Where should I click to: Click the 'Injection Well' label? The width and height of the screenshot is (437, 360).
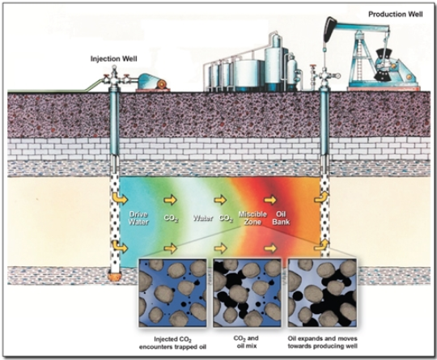114,59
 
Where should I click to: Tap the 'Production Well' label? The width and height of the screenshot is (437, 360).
396,15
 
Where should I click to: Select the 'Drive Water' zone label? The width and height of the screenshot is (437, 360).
138,218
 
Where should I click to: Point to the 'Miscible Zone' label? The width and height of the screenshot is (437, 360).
252,218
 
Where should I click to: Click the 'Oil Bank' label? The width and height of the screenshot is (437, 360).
281,218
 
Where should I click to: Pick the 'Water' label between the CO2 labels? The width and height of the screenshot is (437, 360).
203,218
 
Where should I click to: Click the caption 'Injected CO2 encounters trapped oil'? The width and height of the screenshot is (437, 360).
173,343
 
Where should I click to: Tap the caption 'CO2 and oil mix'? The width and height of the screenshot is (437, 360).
246,342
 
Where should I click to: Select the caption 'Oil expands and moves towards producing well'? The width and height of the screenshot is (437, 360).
322,342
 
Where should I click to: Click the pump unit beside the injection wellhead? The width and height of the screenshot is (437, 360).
153,83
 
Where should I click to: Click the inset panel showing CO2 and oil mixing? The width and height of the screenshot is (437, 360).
247,293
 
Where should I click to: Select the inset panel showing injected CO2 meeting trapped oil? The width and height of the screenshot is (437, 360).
173,293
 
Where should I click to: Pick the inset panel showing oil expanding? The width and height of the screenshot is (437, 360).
322,293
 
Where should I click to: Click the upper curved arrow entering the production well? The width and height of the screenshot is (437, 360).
321,197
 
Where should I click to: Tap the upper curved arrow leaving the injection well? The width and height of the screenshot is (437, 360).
120,198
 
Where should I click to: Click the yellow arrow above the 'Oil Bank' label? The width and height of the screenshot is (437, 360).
270,200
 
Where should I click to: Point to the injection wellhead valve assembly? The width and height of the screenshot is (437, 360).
114,77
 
